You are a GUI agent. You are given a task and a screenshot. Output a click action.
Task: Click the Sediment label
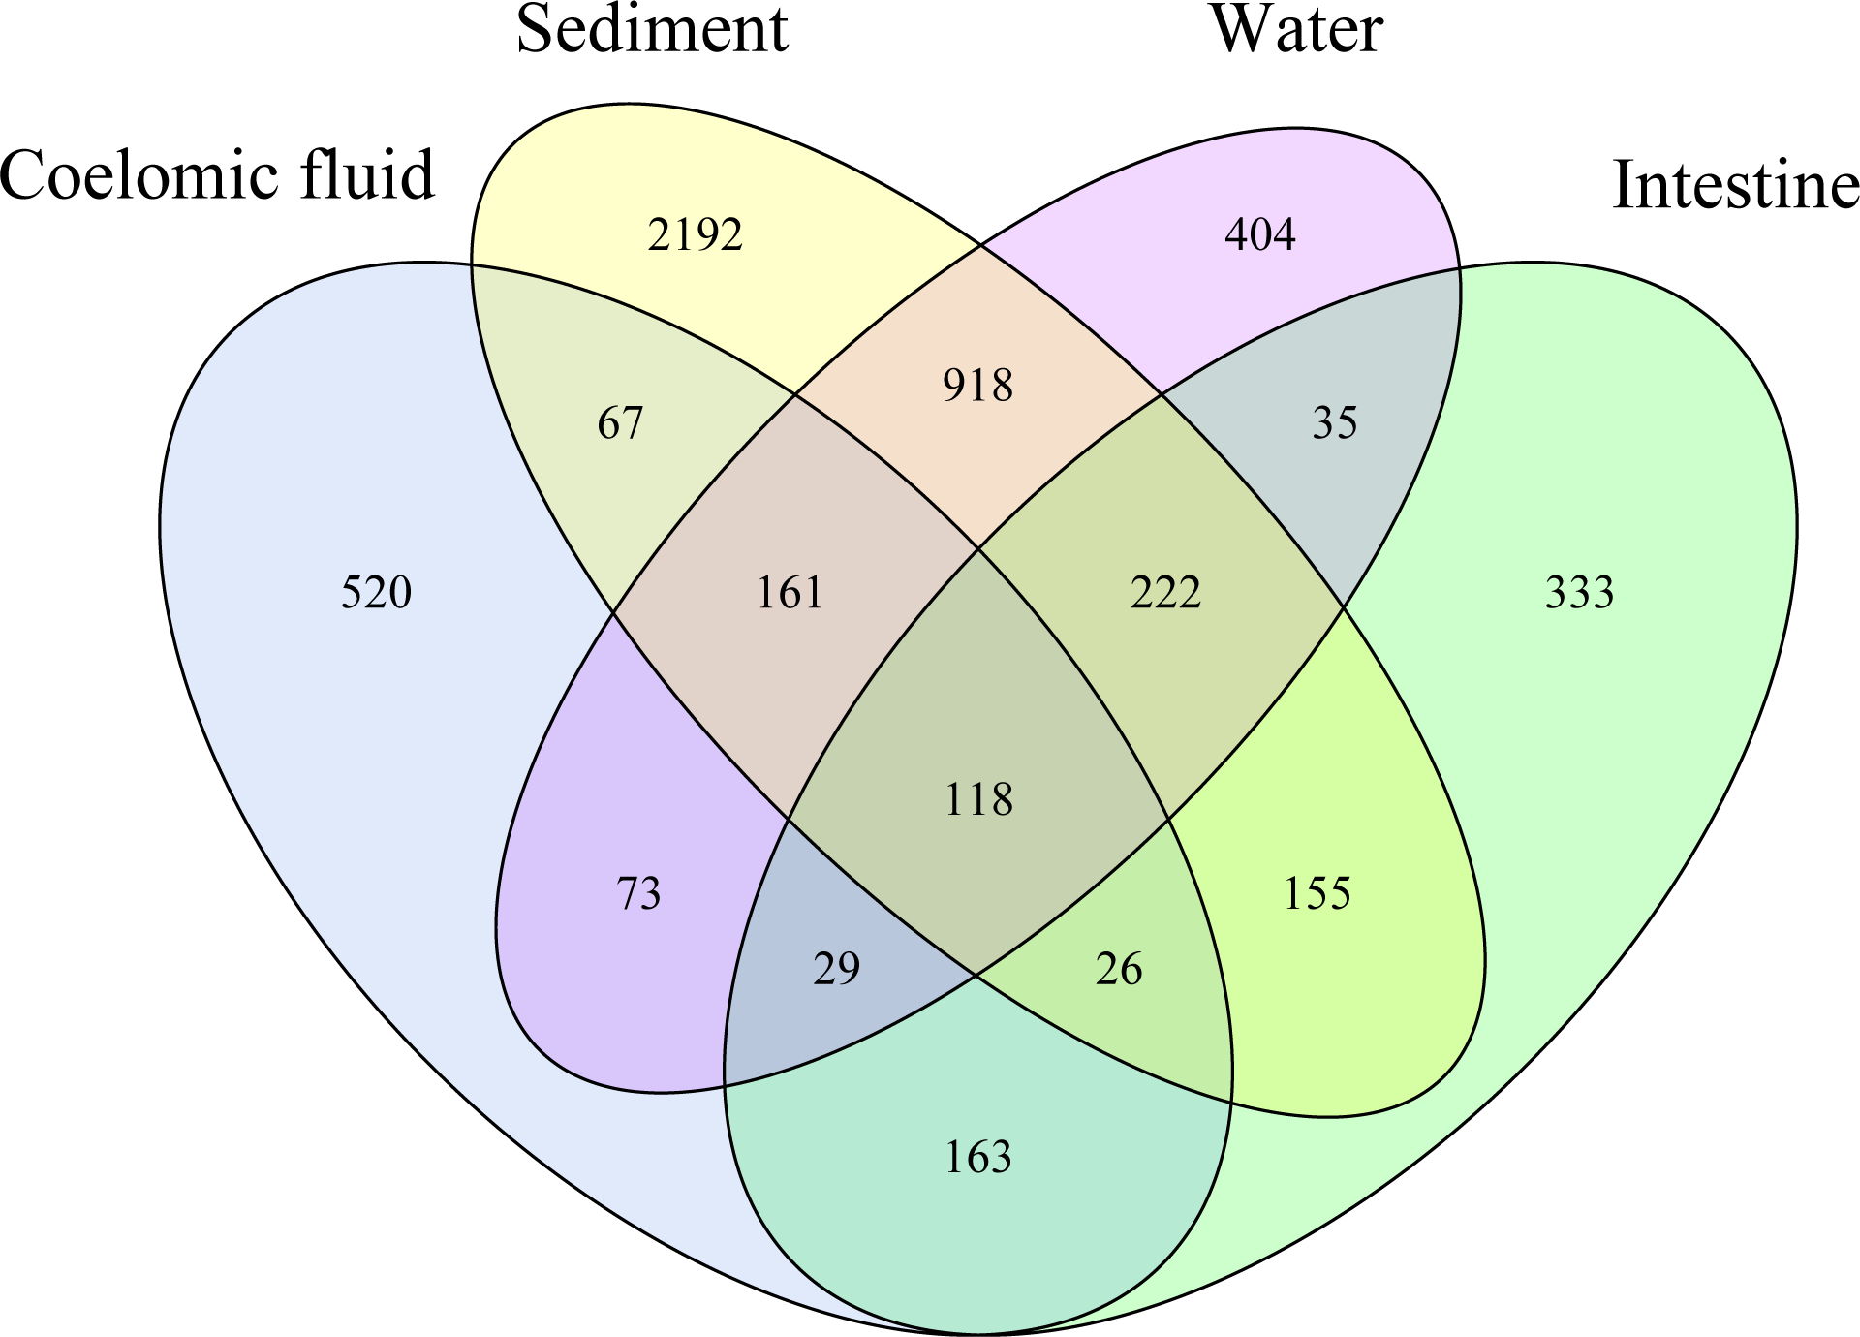pos(652,29)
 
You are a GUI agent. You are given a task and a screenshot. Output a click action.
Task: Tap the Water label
pos(1296,29)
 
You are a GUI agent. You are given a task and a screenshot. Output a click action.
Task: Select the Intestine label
pos(1734,184)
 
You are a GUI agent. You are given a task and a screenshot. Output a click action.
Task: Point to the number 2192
pos(695,235)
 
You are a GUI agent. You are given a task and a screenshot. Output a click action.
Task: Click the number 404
pos(1259,234)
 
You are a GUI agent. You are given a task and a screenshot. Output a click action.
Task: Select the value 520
pos(376,592)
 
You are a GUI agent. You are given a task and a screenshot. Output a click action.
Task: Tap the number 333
pos(1579,592)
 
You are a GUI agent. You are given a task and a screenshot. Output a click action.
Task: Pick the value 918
pos(977,386)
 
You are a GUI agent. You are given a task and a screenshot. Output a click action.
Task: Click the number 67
pos(620,423)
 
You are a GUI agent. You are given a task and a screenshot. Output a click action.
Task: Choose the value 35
pos(1334,422)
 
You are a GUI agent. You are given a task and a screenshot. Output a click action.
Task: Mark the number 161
pos(789,592)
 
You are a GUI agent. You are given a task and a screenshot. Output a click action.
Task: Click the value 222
pos(1165,592)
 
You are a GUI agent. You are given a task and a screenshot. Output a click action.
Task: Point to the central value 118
pos(978,800)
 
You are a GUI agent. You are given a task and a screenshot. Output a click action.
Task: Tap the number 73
pos(638,893)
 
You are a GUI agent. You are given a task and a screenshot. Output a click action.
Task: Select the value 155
pos(1317,893)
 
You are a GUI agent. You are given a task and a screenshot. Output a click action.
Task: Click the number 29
pos(836,969)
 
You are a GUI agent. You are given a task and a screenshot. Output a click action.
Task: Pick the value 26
pos(1119,969)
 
